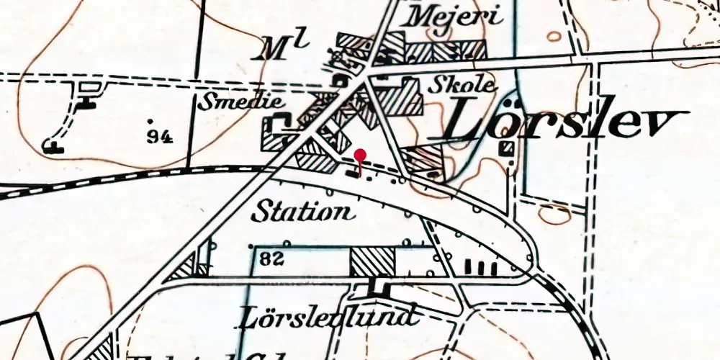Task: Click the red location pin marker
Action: (361, 155)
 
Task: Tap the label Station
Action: (304, 212)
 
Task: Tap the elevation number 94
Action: (159, 136)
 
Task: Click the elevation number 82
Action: (273, 258)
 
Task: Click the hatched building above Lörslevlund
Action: (372, 261)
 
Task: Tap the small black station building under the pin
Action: (352, 172)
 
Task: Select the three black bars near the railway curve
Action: (482, 268)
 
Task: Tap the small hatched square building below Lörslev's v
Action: (507, 148)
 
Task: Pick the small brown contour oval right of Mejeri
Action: (554, 35)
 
